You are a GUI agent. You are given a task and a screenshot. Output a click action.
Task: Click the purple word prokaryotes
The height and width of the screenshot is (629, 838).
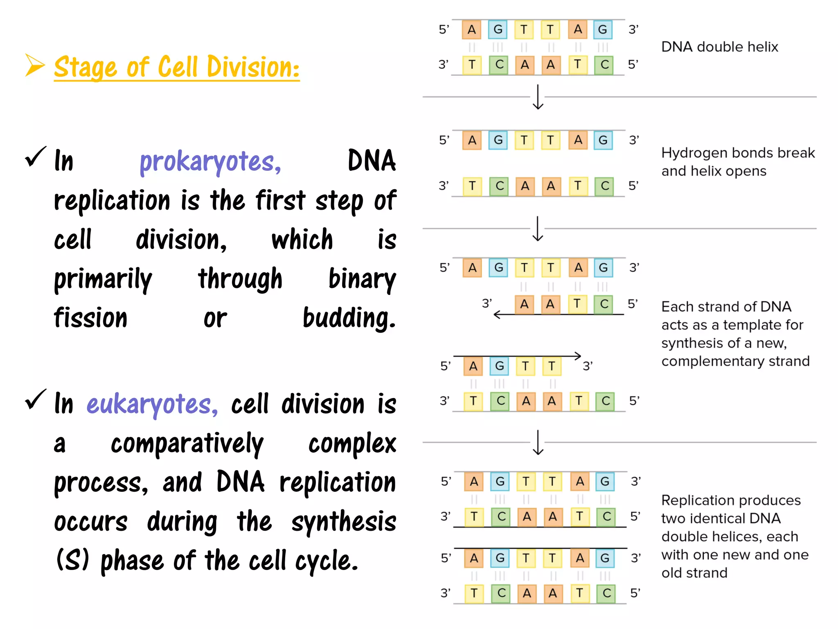pyautogui.click(x=210, y=162)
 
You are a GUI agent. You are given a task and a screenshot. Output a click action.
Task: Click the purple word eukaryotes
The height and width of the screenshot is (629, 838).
pyautogui.click(x=152, y=405)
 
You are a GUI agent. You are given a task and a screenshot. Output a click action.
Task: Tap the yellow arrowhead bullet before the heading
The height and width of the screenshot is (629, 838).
pyautogui.click(x=35, y=65)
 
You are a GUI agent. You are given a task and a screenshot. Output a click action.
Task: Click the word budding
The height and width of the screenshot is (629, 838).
pyautogui.click(x=349, y=318)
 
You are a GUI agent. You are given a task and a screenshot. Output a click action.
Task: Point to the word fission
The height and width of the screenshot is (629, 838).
pyautogui.click(x=91, y=318)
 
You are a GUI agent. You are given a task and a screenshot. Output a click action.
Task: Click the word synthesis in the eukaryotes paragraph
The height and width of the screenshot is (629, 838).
pyautogui.click(x=344, y=522)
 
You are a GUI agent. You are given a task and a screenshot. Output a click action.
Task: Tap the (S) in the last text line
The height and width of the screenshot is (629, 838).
pyautogui.click(x=73, y=560)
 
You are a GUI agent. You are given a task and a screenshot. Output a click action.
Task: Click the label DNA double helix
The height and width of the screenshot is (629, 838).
pyautogui.click(x=719, y=47)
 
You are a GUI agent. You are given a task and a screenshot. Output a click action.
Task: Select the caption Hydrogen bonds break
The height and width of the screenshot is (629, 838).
pyautogui.click(x=738, y=153)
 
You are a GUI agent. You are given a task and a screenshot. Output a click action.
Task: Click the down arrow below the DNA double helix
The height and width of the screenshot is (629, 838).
pyautogui.click(x=538, y=97)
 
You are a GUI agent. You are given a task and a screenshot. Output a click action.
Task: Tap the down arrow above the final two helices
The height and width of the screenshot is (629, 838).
pyautogui.click(x=538, y=442)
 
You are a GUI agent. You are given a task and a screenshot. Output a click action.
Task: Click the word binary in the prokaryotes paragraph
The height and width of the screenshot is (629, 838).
pyautogui.click(x=362, y=279)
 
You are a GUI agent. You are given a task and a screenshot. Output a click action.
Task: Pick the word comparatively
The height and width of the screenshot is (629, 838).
pyautogui.click(x=187, y=444)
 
